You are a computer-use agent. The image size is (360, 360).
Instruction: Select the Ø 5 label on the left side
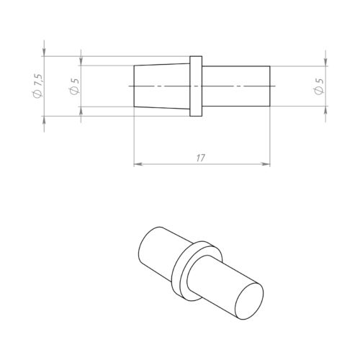coord(74,86)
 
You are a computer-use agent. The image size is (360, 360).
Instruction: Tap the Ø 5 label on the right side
coord(319,86)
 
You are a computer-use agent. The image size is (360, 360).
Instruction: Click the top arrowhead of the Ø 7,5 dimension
coord(45,53)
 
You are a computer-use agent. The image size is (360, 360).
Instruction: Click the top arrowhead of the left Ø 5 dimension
coord(81,61)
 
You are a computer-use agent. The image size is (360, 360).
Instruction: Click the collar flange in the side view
coord(195,86)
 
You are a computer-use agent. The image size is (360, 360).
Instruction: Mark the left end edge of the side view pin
coord(135,86)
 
